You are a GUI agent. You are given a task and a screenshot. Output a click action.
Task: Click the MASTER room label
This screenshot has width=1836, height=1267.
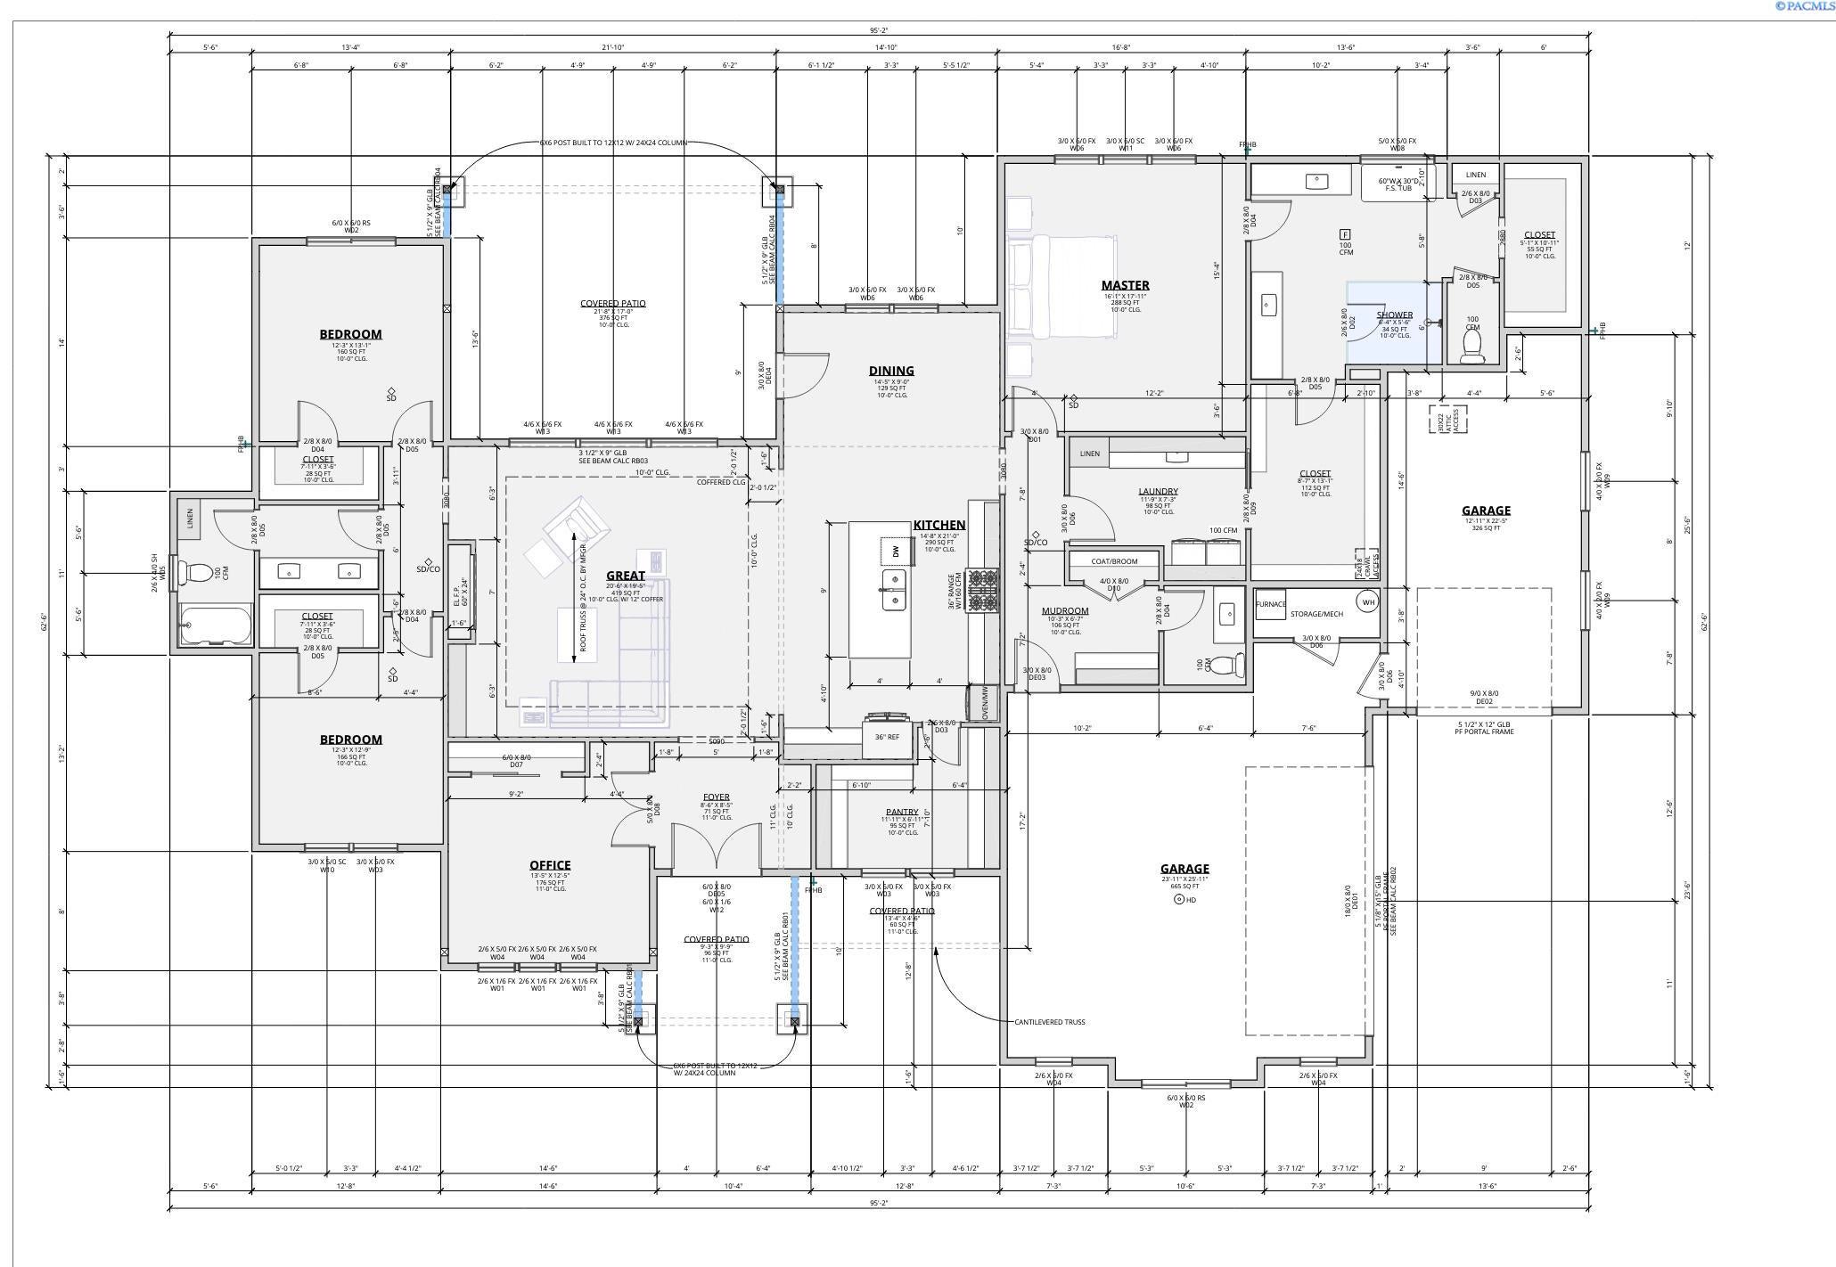(1125, 285)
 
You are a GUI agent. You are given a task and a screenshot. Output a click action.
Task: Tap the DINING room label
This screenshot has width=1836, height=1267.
(891, 371)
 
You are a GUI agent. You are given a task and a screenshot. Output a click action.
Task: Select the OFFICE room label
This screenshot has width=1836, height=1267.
(550, 865)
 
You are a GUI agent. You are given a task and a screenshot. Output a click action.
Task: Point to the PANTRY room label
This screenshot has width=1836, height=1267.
(902, 812)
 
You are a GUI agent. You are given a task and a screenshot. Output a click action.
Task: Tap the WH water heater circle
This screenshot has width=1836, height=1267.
(1367, 602)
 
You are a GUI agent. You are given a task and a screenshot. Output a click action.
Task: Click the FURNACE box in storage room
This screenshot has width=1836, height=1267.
(1271, 604)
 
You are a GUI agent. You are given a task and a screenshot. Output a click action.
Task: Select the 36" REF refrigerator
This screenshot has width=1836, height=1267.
(887, 737)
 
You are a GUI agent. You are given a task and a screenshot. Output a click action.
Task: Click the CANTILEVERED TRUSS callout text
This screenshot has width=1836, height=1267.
(1049, 1022)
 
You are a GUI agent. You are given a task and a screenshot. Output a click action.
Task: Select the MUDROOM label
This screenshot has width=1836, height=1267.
(1065, 611)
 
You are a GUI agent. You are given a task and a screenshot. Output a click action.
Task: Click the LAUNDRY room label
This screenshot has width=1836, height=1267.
(1158, 491)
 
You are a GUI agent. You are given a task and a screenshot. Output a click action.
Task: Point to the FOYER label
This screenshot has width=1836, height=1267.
(716, 797)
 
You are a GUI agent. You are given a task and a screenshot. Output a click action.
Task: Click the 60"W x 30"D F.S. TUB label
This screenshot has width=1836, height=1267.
(1398, 184)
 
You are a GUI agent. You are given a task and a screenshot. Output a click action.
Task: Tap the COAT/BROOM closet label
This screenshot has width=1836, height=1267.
(1114, 561)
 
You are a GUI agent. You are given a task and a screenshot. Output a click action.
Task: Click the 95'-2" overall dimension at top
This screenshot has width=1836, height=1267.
(879, 30)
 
